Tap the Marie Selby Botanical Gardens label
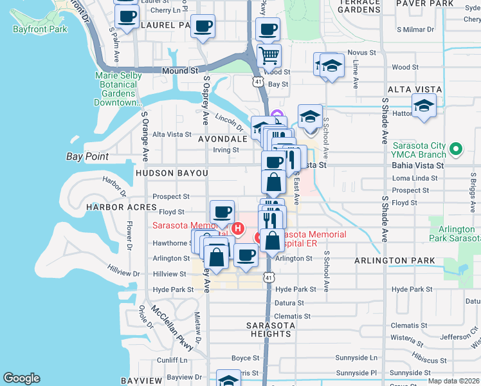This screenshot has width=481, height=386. [115, 89]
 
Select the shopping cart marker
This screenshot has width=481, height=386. [269, 55]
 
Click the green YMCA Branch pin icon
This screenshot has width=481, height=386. [456, 150]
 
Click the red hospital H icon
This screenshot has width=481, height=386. [238, 228]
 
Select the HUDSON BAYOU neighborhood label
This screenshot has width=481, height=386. [172, 174]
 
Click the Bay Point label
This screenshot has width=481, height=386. [87, 156]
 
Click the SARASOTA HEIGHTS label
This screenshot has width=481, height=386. [270, 329]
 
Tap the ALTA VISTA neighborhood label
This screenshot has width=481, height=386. [414, 89]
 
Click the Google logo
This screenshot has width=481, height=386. [21, 378]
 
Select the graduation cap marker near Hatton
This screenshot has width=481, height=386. [424, 106]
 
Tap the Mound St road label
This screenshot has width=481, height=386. [179, 70]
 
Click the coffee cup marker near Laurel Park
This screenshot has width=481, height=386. [203, 26]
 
